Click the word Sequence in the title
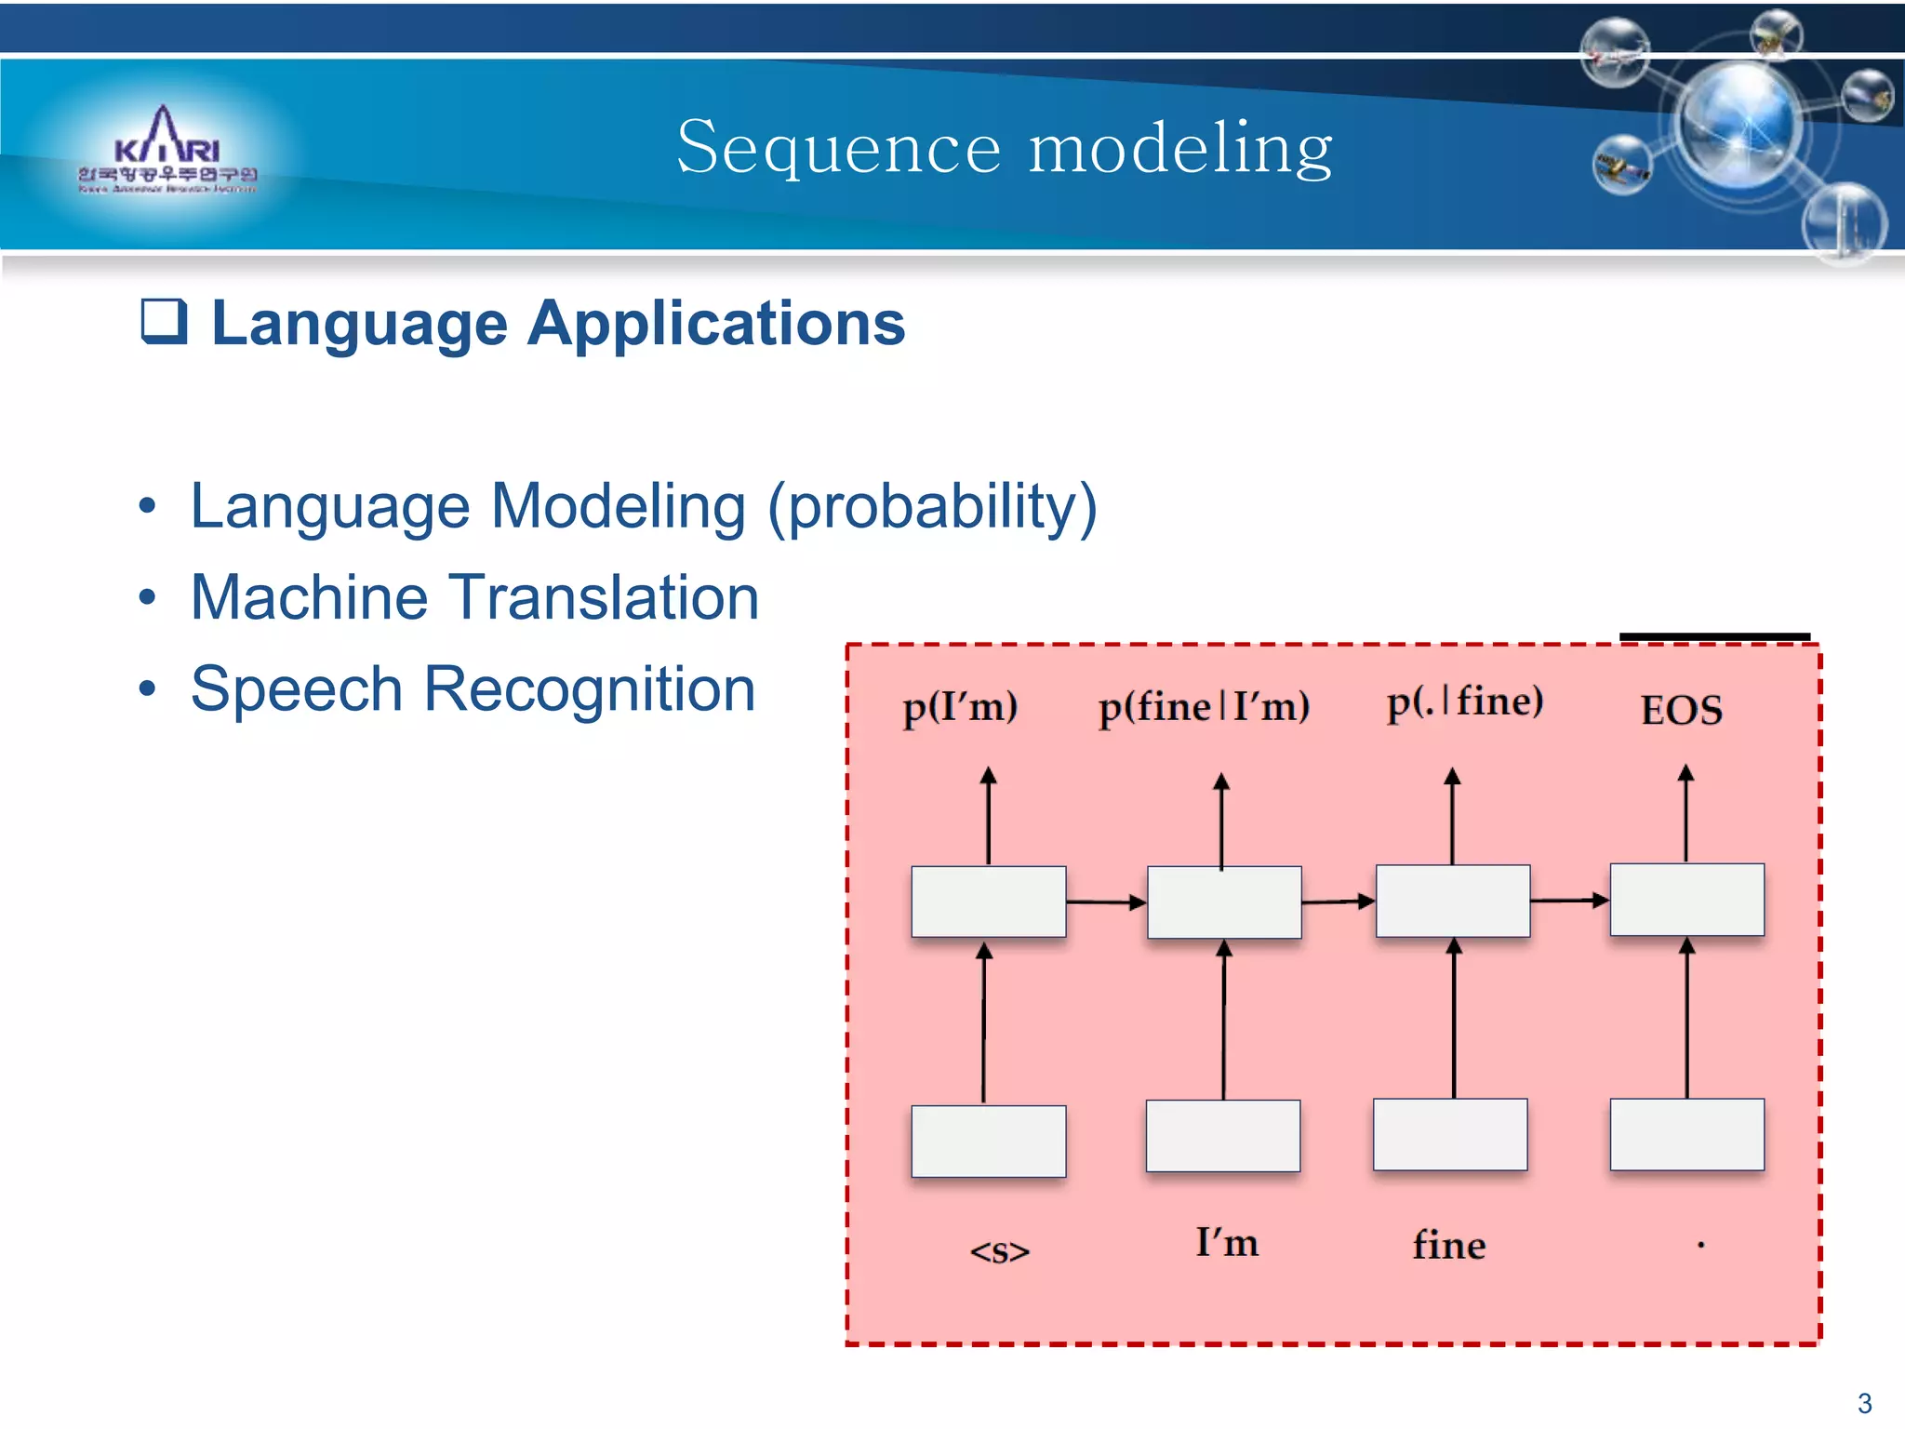pos(838,148)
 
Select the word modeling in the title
pos(1180,148)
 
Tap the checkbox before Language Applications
pos(164,322)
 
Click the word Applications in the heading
pos(716,324)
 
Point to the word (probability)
pos(932,508)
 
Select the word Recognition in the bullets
pos(589,689)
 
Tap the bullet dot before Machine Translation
pos(147,598)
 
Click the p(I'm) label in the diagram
pos(960,708)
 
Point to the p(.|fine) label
pos(1464,702)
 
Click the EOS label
pos(1681,711)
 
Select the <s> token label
pos(999,1251)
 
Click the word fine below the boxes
pos(1448,1245)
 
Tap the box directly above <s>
pos(988,1141)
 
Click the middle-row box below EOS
pos(1686,900)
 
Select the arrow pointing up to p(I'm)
pos(988,815)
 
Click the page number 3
pos(1864,1403)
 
